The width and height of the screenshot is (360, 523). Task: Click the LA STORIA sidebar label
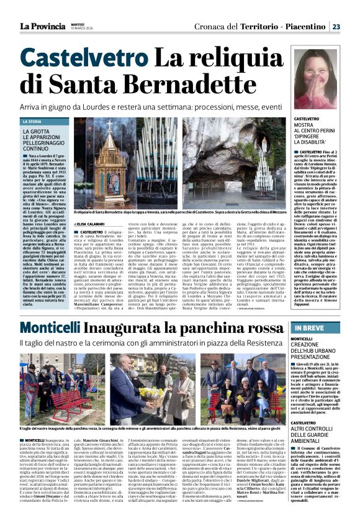tap(32, 122)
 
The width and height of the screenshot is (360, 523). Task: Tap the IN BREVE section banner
tap(310, 328)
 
